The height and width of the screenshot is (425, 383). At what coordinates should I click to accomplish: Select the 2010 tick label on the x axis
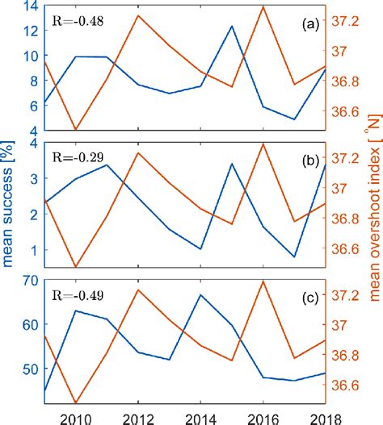(74, 417)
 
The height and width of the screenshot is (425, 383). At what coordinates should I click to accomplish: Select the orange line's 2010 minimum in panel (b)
(75, 267)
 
